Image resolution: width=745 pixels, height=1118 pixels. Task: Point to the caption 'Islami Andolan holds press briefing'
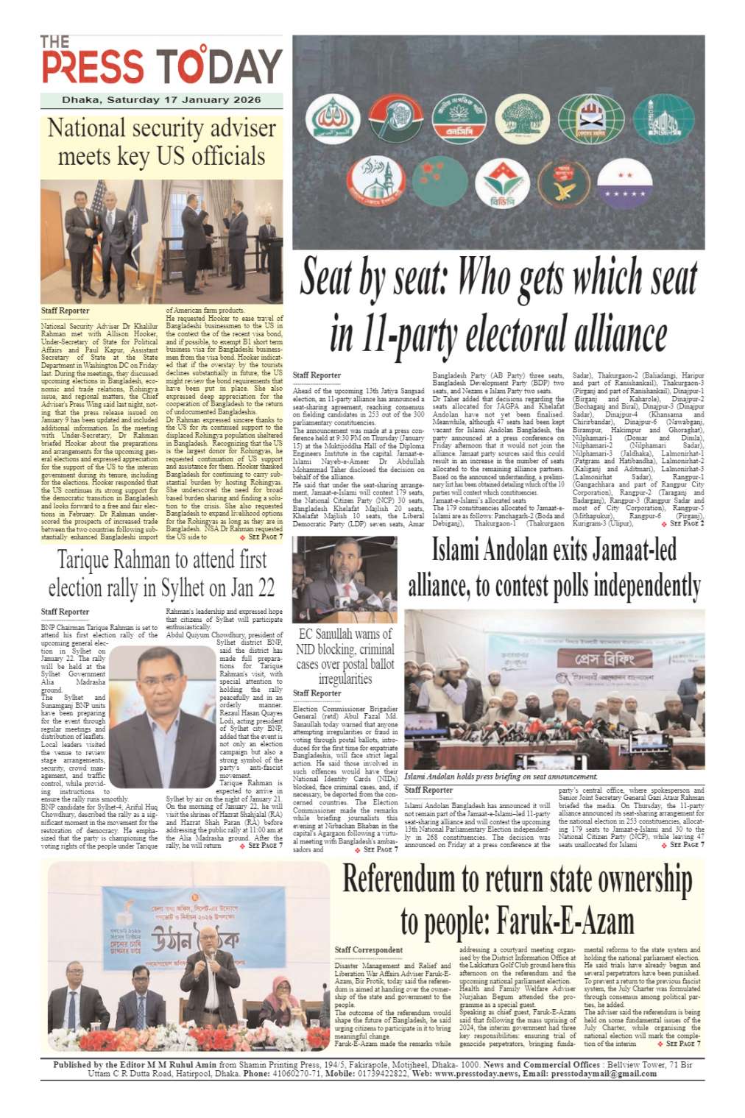coord(501,776)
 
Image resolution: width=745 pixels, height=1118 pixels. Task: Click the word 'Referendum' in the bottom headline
coord(400,880)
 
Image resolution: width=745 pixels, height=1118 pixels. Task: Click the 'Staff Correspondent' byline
coord(368,950)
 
